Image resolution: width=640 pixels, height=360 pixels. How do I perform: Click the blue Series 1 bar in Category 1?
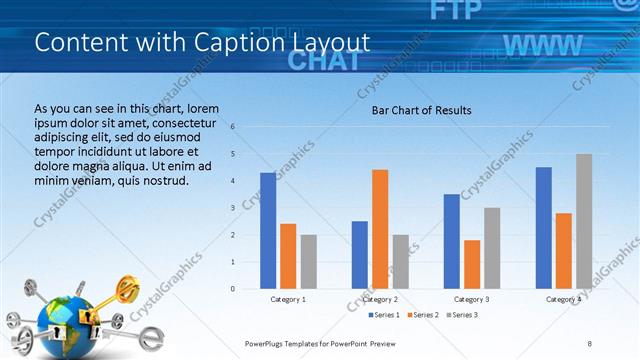(x=267, y=231)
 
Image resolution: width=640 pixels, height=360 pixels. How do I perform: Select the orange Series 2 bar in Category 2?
(x=380, y=229)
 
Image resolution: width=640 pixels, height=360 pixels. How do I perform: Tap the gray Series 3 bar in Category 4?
(x=584, y=221)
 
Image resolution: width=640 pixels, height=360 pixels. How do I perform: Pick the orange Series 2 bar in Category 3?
(x=472, y=264)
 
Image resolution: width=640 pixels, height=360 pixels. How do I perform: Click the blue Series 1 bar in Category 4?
(x=543, y=228)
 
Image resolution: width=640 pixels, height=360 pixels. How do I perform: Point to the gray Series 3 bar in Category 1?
(x=308, y=262)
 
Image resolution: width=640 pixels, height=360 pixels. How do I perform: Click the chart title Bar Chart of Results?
(x=421, y=110)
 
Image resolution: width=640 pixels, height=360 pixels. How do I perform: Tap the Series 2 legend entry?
(x=423, y=315)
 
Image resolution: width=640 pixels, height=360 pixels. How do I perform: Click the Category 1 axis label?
(x=288, y=299)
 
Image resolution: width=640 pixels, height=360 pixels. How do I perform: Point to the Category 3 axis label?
(x=472, y=299)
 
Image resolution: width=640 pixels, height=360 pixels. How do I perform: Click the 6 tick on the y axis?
(x=232, y=127)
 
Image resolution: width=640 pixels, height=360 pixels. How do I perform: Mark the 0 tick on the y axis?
(x=232, y=289)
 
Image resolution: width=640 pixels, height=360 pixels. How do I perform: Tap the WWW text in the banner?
(x=542, y=45)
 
